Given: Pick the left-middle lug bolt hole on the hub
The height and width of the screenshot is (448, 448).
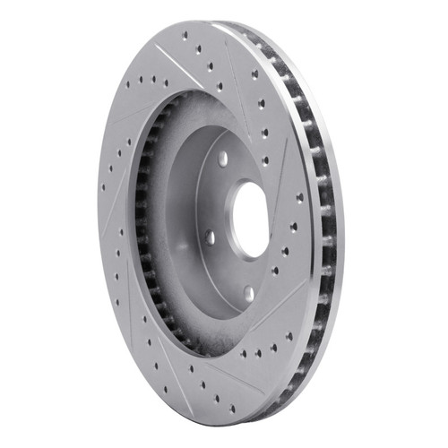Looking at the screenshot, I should tap(208, 237).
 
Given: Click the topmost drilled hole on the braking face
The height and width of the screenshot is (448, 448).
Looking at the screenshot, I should tap(185, 37).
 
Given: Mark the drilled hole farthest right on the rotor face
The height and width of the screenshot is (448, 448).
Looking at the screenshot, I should tap(300, 197).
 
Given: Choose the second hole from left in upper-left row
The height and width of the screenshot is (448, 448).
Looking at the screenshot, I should tap(141, 82).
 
